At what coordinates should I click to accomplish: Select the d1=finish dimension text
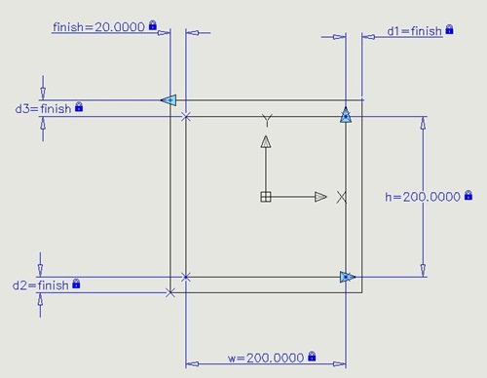tap(414, 31)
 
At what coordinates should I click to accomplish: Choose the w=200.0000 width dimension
tap(265, 358)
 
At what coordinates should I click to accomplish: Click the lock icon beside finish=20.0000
tap(152, 26)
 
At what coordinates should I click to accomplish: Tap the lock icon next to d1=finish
tap(450, 30)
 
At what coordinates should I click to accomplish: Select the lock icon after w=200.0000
tap(311, 357)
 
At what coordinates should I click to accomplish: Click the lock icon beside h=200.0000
tap(468, 196)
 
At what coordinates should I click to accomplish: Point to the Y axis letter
tap(265, 121)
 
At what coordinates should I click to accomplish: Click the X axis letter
tap(341, 197)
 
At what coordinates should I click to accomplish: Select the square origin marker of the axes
tap(265, 197)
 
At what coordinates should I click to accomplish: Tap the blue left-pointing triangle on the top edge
tap(168, 99)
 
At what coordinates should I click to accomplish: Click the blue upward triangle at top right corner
tap(345, 116)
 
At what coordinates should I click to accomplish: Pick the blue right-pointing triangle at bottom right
tap(347, 277)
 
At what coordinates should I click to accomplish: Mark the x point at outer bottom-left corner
tap(170, 292)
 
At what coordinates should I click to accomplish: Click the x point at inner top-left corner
tap(186, 117)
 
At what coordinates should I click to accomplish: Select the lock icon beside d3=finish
tap(79, 107)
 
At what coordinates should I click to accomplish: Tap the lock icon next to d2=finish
tap(77, 284)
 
